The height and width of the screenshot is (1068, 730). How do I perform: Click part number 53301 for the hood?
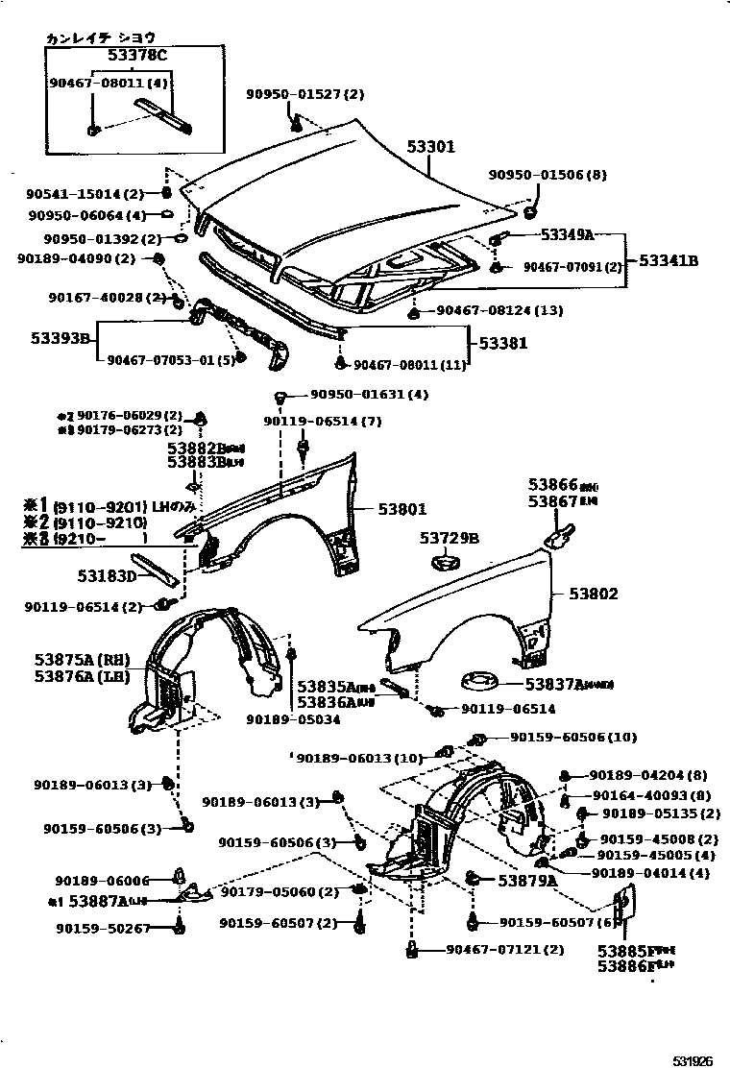click(x=429, y=147)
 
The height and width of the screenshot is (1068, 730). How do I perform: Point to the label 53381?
click(x=503, y=342)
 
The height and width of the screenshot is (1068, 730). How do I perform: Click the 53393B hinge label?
click(x=58, y=338)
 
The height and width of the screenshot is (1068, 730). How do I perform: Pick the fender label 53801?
click(x=401, y=509)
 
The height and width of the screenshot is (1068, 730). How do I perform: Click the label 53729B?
click(x=449, y=539)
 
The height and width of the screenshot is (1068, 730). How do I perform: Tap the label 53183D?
click(x=108, y=576)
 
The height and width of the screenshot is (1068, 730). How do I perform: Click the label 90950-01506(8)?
click(x=547, y=175)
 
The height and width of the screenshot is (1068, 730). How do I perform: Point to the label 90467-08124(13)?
click(x=499, y=310)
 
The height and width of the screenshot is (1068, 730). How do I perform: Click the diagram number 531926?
click(x=692, y=1060)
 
